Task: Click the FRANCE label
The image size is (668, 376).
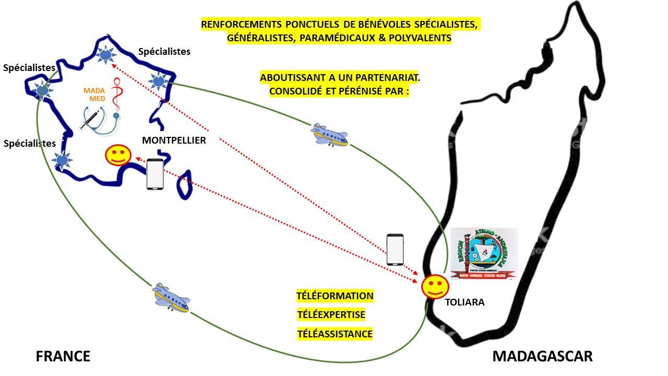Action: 63,356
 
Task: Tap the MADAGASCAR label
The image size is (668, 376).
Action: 542,356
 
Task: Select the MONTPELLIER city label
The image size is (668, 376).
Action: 174,140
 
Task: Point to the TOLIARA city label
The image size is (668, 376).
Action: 464,302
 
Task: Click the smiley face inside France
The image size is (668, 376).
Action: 118,156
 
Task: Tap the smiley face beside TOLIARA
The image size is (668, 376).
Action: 435,287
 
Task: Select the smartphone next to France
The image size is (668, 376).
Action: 154,174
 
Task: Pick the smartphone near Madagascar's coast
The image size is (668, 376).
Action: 395,250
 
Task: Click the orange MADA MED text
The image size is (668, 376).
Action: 94,94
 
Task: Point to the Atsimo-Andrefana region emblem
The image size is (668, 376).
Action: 484,254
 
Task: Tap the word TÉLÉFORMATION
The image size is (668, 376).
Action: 335,296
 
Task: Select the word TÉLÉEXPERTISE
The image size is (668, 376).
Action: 331,315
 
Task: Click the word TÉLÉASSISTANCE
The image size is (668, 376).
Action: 335,334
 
